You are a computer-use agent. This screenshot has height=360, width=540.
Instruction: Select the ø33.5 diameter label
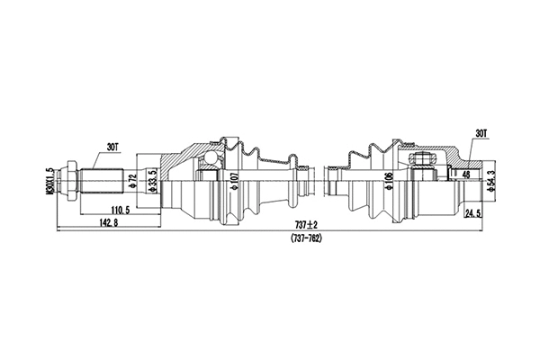pyautogui.click(x=154, y=179)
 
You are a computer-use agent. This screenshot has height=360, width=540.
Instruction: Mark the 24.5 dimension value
pyautogui.click(x=472, y=214)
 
